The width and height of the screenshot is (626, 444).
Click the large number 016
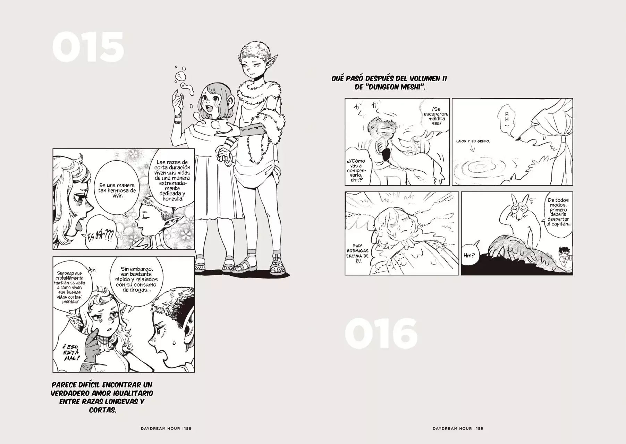pyautogui.click(x=381, y=334)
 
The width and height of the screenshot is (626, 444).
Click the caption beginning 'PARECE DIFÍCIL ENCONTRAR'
pyautogui.click(x=102, y=398)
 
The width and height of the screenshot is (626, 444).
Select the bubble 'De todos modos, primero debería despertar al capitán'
pyautogui.click(x=558, y=212)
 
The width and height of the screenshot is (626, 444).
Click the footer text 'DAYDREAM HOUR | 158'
pyautogui.click(x=164, y=428)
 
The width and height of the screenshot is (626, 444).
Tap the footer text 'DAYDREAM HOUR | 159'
pyautogui.click(x=458, y=428)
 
